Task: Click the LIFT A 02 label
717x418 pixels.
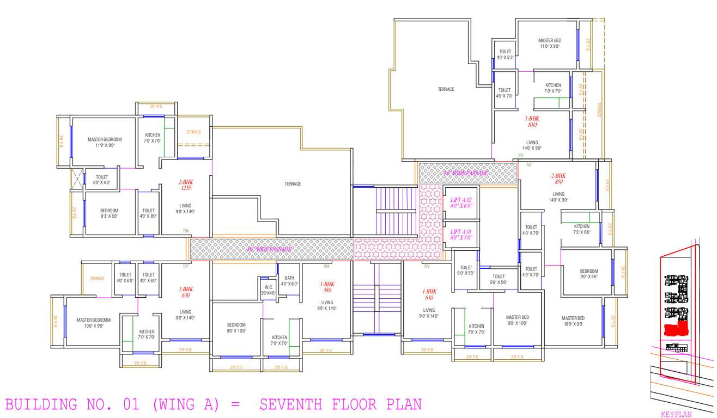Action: coord(460,203)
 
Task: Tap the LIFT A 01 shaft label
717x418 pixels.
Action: coord(460,235)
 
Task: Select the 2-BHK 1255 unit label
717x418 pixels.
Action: coord(185,185)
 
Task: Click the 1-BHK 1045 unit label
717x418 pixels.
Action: coord(532,121)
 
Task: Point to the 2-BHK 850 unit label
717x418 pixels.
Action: coord(558,179)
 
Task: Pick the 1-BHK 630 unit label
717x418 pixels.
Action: coord(186,292)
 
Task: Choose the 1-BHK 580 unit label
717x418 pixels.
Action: coord(327,287)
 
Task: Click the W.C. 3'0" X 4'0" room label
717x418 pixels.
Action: coord(268,290)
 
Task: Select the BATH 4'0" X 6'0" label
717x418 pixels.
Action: coord(289,281)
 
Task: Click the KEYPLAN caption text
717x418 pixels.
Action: coord(676,414)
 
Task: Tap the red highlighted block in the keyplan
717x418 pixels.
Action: coord(675,329)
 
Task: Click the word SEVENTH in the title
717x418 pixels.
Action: coord(291,404)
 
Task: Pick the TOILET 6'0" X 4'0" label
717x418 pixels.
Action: coord(101,180)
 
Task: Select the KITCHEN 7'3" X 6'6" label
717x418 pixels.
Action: coord(581,229)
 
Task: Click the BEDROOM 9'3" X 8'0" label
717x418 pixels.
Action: coord(109,213)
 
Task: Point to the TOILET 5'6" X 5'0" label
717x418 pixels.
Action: coord(498,279)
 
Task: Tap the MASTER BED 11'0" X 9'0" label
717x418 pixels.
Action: coord(549,43)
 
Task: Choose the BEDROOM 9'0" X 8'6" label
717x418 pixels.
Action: coord(588,274)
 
